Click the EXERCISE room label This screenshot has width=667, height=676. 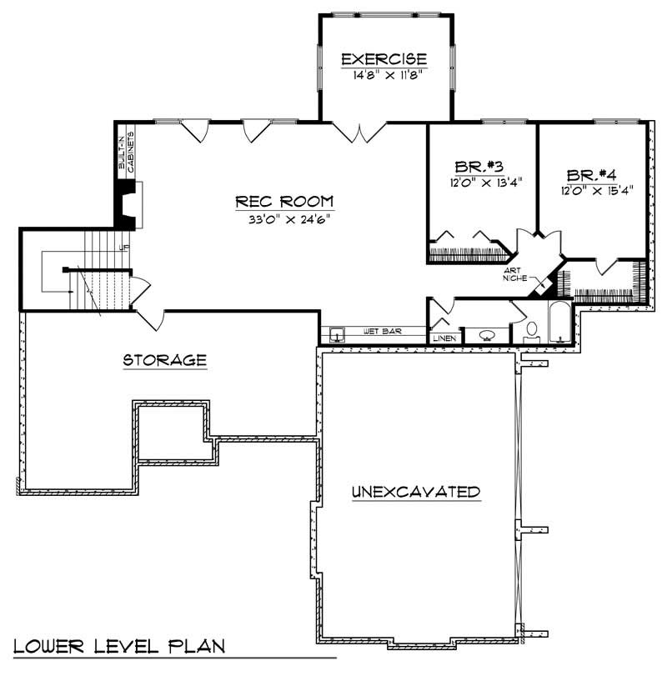point(385,59)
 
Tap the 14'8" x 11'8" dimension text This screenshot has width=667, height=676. point(385,74)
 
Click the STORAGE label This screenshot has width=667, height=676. point(164,360)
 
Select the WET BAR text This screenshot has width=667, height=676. point(382,332)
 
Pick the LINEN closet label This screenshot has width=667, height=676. point(442,338)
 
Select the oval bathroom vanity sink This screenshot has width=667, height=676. point(487,335)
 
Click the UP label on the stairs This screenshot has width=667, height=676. point(124,248)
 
